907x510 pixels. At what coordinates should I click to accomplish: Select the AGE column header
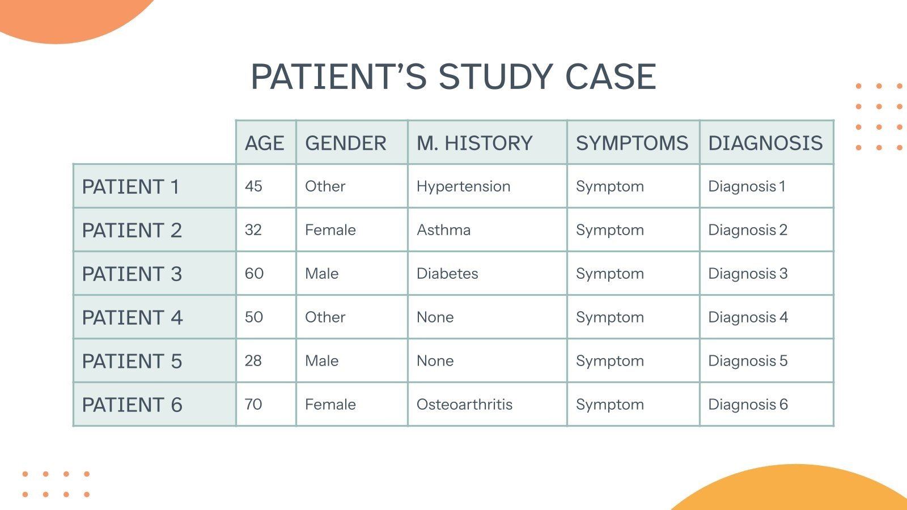(x=265, y=143)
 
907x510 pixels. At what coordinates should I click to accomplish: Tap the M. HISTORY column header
(x=474, y=143)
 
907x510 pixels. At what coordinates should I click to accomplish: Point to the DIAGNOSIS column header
(x=765, y=143)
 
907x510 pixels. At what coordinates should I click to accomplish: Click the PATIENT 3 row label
(x=132, y=274)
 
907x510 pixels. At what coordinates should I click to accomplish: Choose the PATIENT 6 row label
(x=132, y=405)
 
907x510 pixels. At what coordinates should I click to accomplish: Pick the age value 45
(x=253, y=186)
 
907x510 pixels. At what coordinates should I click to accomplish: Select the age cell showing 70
(x=253, y=405)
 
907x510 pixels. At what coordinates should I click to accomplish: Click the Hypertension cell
(x=463, y=186)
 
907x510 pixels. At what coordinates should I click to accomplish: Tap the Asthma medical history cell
(x=443, y=230)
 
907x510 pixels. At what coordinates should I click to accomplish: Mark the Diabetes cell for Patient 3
(x=447, y=274)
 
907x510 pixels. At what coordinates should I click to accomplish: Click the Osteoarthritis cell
(x=464, y=405)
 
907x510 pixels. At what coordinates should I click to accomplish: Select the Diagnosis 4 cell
(x=748, y=317)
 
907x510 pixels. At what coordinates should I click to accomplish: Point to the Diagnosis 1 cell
(x=747, y=186)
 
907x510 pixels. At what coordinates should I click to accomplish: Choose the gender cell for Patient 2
(x=330, y=230)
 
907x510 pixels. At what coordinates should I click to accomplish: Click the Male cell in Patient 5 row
(x=321, y=361)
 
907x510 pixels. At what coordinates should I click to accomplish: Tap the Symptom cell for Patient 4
(x=610, y=317)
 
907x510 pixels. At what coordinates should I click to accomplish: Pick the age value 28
(x=253, y=361)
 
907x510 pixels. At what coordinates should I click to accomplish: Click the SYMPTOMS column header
(x=632, y=143)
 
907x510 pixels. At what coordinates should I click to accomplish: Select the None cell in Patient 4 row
(x=435, y=317)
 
